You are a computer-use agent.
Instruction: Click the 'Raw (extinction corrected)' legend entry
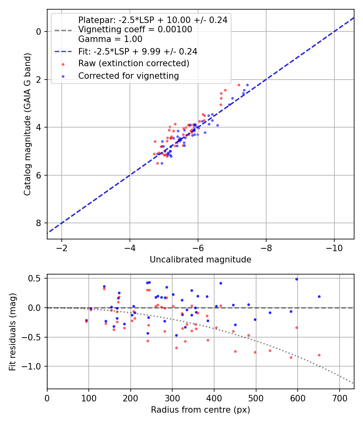134,63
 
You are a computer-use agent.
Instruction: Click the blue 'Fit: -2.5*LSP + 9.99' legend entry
138,51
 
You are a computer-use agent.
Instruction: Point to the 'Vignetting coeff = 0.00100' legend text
135,29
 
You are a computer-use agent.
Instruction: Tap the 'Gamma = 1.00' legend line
110,39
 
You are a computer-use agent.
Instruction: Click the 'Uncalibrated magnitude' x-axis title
200,260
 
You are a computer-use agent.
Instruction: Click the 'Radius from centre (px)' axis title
200,410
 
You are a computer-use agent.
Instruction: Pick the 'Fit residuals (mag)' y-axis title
13,331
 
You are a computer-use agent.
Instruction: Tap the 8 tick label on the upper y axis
38,223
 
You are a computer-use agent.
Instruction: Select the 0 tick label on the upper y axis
38,31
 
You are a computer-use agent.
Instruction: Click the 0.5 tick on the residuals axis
36,278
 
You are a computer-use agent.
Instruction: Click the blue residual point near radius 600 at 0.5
296,279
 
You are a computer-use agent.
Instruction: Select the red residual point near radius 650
319,355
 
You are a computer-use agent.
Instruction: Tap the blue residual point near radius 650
319,296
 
